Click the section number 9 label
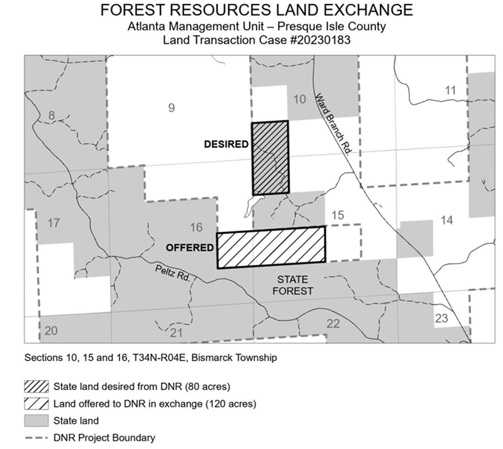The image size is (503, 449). point(171,108)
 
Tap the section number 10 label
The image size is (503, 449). point(300,99)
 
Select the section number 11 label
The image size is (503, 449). point(450,90)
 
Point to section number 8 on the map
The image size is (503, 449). point(52,115)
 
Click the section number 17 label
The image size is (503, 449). point(53,222)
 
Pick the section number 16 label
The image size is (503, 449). point(196,227)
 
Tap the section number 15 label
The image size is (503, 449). point(338,216)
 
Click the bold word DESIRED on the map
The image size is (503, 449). point(226,144)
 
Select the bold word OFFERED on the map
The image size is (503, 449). point(189,247)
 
